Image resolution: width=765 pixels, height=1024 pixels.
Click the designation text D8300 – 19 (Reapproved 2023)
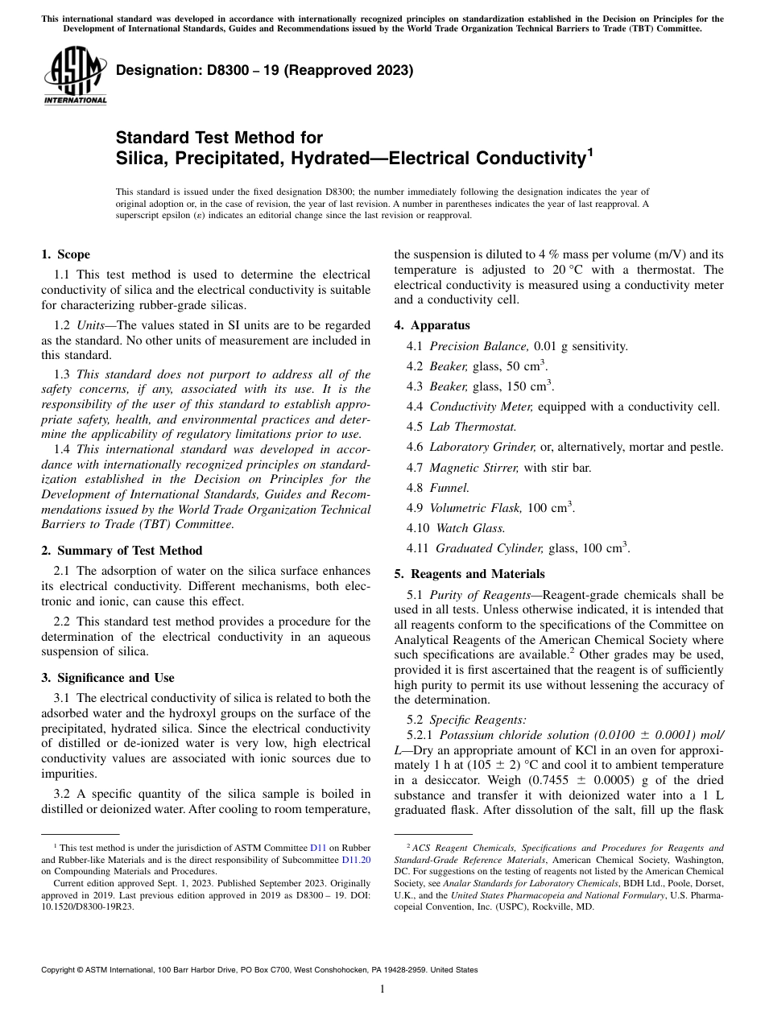[x=265, y=71]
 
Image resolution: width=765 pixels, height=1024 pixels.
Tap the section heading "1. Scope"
[x=65, y=255]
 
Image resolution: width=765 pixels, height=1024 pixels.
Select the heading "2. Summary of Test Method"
[x=122, y=551]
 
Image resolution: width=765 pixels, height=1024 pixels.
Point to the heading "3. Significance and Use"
[x=107, y=678]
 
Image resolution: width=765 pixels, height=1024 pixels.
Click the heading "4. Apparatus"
[x=432, y=325]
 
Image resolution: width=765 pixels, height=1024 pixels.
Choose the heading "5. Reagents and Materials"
[x=469, y=574]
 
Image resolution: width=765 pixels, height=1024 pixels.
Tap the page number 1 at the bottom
[x=382, y=989]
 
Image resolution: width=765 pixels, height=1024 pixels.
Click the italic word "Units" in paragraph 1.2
[x=92, y=325]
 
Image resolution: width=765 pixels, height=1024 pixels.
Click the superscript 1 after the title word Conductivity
[x=590, y=151]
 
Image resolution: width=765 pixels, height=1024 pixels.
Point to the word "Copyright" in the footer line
[x=61, y=970]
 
